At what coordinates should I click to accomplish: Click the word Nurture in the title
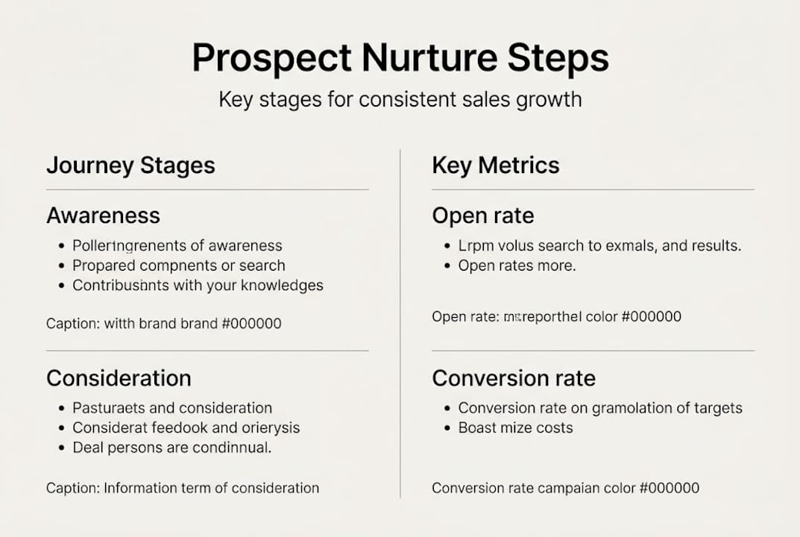click(407, 58)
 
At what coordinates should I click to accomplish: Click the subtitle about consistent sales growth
click(400, 99)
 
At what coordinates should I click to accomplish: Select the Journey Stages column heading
click(130, 165)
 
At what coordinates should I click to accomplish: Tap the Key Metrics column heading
click(495, 165)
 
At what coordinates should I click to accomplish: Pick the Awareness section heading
click(103, 216)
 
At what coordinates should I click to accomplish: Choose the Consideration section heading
click(119, 378)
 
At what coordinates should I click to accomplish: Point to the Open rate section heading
click(482, 216)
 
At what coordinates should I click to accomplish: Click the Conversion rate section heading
click(513, 378)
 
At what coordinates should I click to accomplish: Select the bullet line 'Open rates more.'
click(517, 266)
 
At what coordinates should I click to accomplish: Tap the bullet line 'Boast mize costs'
click(515, 428)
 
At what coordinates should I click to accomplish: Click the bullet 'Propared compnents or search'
click(178, 266)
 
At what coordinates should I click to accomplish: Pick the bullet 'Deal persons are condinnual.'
click(171, 448)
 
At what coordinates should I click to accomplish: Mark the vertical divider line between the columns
click(400, 321)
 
